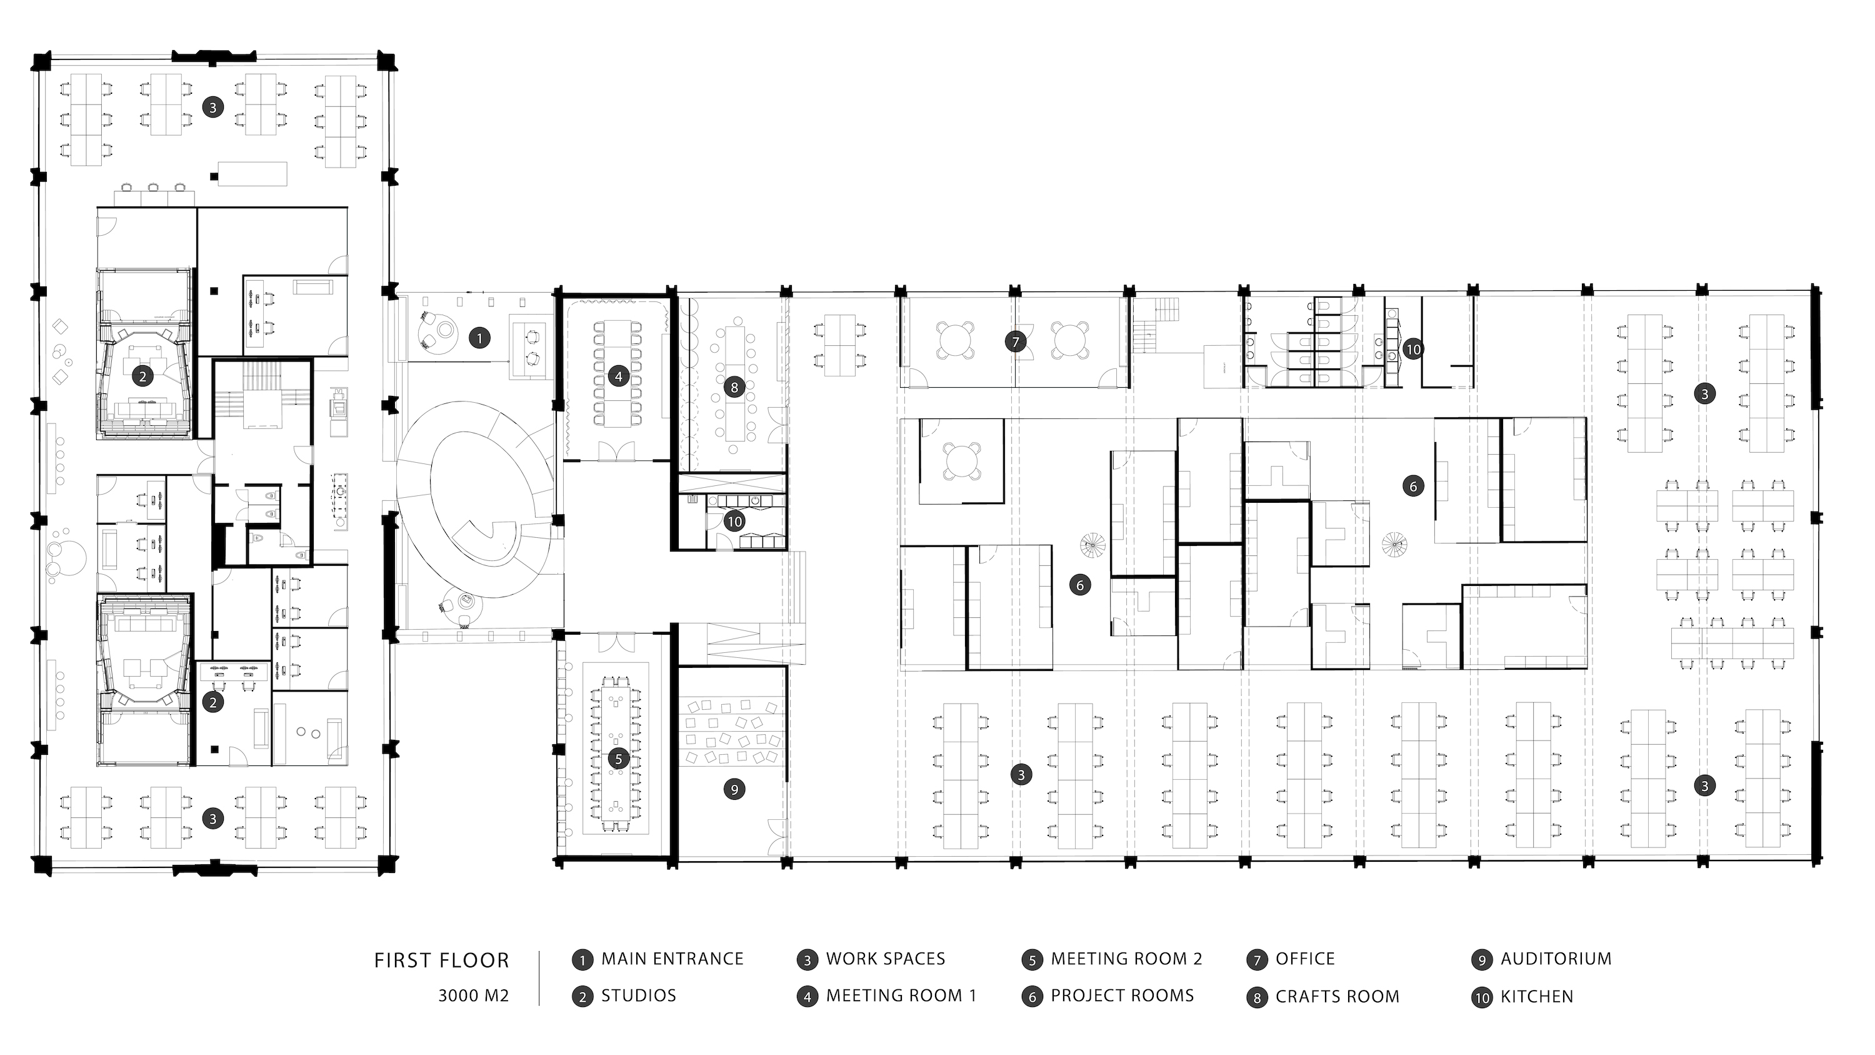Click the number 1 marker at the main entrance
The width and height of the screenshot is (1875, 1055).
point(479,338)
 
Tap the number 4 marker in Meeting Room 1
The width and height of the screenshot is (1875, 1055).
point(619,376)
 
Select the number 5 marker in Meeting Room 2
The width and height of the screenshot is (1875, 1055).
point(619,759)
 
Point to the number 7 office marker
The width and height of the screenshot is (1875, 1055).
point(1016,341)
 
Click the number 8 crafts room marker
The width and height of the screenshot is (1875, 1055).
point(734,387)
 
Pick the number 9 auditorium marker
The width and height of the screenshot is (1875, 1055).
point(734,789)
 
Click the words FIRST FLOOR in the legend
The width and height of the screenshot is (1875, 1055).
point(441,961)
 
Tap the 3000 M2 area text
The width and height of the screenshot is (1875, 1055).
point(473,996)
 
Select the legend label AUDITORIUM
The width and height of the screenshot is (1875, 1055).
point(1556,959)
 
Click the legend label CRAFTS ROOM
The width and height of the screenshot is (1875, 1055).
point(1337,997)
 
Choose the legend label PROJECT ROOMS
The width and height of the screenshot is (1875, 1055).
point(1122,996)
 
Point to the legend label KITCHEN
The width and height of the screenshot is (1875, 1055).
point(1536,997)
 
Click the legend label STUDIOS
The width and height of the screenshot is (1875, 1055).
point(638,996)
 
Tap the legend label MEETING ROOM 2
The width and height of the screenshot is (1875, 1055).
point(1126,959)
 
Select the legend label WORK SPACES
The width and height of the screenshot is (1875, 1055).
point(885,959)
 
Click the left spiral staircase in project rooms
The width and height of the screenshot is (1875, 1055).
point(1092,545)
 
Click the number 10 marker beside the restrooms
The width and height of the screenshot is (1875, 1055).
point(1412,350)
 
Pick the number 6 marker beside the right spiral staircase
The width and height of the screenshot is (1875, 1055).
point(1412,486)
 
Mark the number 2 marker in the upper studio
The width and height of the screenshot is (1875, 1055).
point(142,376)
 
